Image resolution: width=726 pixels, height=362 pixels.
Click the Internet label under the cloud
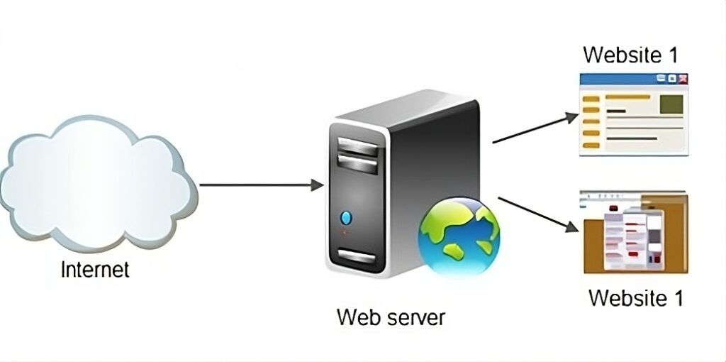(x=95, y=269)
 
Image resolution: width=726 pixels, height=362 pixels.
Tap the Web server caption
(x=391, y=317)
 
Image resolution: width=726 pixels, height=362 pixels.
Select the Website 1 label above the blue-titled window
(x=630, y=54)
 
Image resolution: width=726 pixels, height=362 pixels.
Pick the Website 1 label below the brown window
(x=636, y=297)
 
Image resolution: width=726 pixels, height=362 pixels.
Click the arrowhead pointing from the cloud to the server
(x=317, y=185)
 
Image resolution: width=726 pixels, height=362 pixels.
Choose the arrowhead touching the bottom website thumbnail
(x=572, y=227)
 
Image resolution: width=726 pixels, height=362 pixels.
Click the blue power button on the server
(x=346, y=217)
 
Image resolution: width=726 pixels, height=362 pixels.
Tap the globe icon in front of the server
(x=459, y=237)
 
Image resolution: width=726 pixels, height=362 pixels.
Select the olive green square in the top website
(x=671, y=104)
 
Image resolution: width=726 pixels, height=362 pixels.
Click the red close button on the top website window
(x=683, y=79)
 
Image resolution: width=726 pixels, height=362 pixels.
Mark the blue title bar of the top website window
(x=634, y=79)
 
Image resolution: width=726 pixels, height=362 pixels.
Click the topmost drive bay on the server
(x=357, y=146)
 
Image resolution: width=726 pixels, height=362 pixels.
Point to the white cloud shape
(x=98, y=182)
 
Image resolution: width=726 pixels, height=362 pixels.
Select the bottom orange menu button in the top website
(x=591, y=146)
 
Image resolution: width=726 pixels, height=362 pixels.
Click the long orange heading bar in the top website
(x=627, y=97)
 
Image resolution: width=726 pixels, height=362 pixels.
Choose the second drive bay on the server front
(x=357, y=164)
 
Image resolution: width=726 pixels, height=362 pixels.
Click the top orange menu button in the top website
(x=591, y=99)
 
